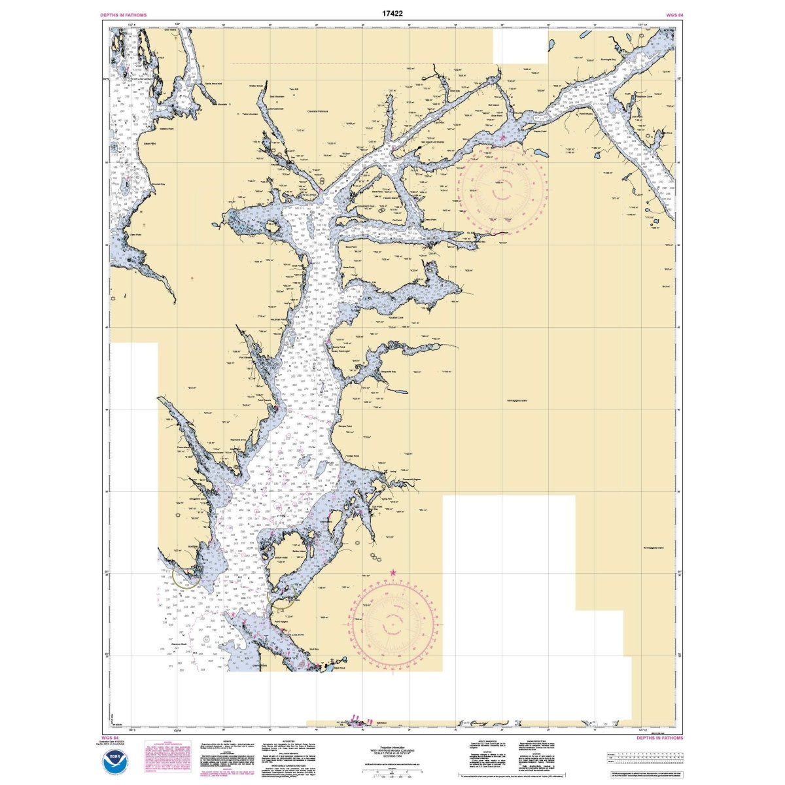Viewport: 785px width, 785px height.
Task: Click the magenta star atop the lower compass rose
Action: pyautogui.click(x=393, y=573)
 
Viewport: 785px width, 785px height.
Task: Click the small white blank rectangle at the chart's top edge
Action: pyautogui.click(x=520, y=46)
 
